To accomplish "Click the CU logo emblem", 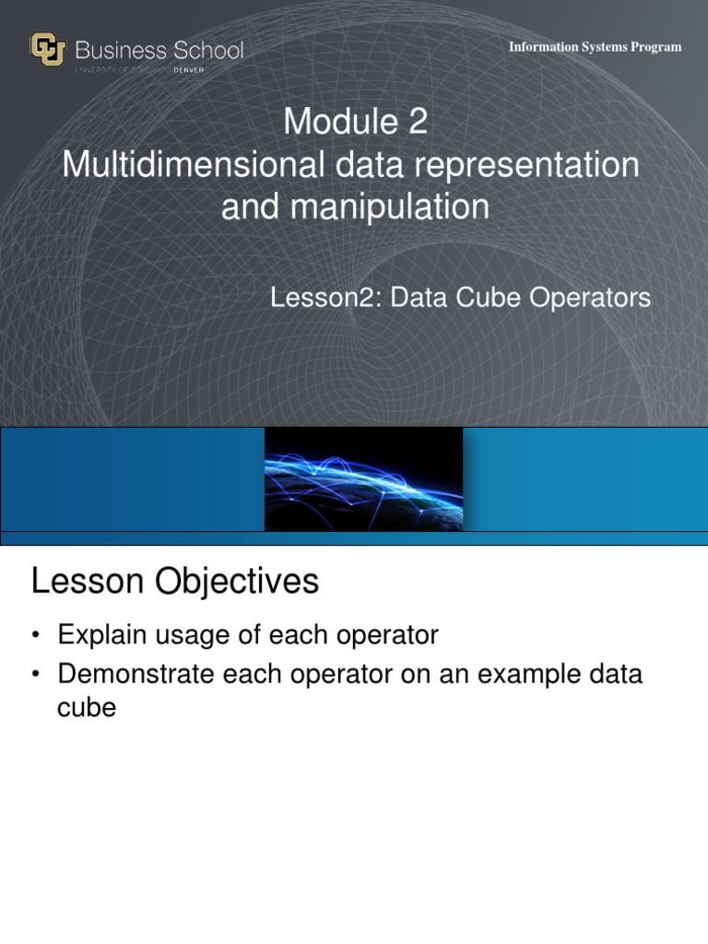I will [x=47, y=50].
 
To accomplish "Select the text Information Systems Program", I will [x=595, y=47].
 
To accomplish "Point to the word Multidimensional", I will [x=193, y=165].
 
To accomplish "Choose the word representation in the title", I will [x=528, y=165].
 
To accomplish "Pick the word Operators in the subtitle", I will [x=591, y=298].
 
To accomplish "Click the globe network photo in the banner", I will [x=363, y=478].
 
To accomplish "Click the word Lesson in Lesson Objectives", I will [x=86, y=582].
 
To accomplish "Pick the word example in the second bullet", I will [x=516, y=675].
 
